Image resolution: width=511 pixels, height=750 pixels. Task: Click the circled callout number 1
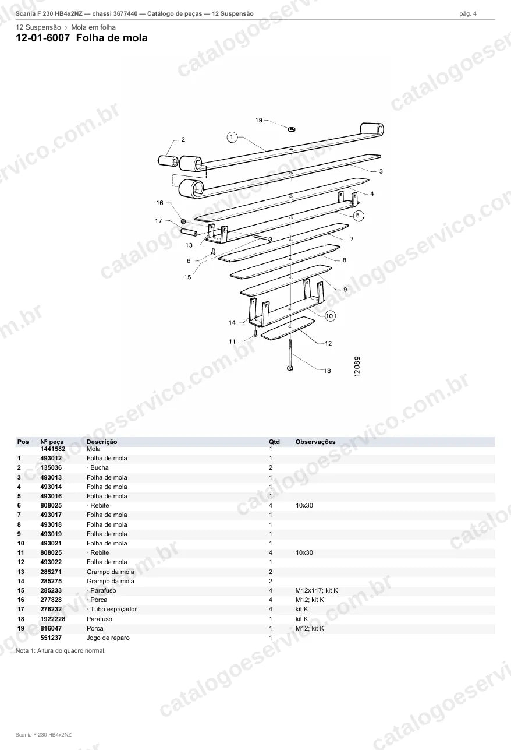click(232, 138)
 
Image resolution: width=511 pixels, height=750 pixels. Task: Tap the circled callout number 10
click(330, 316)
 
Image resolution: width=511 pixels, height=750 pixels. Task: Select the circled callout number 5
click(358, 215)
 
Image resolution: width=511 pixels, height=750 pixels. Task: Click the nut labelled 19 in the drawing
click(291, 128)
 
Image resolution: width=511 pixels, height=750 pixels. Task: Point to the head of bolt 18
click(290, 368)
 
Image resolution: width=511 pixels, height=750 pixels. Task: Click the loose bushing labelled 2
click(168, 161)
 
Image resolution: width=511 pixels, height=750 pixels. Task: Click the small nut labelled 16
click(183, 221)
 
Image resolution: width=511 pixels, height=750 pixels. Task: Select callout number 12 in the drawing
click(328, 343)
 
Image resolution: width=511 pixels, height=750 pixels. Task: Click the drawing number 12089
click(357, 367)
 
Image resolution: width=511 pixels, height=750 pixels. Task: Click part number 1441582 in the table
click(53, 449)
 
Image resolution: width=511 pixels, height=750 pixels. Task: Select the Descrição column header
click(102, 442)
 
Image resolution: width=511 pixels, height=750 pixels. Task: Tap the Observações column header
click(315, 442)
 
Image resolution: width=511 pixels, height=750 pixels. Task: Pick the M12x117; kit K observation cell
click(317, 590)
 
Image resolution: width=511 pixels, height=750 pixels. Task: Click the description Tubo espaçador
click(113, 609)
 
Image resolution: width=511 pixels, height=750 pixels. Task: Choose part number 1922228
click(53, 619)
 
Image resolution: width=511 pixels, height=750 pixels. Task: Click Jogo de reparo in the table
click(108, 638)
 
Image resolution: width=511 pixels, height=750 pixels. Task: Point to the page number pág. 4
click(468, 14)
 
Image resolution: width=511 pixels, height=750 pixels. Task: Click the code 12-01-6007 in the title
click(43, 38)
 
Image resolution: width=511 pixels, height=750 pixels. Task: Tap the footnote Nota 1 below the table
click(61, 650)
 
